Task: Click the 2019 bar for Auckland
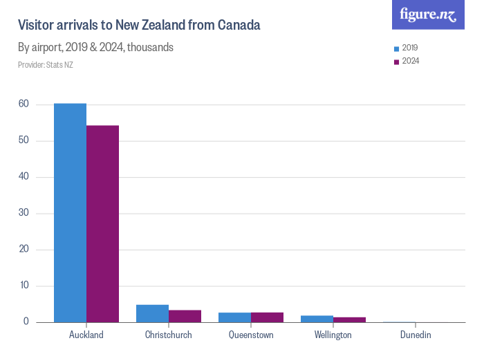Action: click(x=70, y=213)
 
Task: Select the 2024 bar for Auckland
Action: click(x=102, y=224)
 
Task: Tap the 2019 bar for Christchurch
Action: click(x=152, y=314)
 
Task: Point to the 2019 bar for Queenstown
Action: click(x=234, y=317)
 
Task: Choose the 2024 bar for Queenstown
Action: click(x=267, y=317)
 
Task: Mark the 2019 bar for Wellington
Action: click(x=317, y=319)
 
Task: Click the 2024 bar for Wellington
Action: click(x=349, y=319)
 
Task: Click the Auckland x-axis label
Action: click(x=86, y=335)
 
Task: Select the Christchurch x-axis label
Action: click(x=169, y=335)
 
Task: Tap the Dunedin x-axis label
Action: click(x=416, y=335)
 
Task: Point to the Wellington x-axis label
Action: click(x=333, y=335)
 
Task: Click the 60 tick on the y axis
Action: click(x=24, y=104)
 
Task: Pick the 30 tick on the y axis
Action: click(x=24, y=213)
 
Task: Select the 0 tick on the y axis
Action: click(x=26, y=322)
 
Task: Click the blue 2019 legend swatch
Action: click(x=396, y=49)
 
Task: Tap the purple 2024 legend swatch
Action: click(x=396, y=62)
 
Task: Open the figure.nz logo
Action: click(x=428, y=15)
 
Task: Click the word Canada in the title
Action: click(x=239, y=26)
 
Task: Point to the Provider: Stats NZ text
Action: click(x=46, y=65)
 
